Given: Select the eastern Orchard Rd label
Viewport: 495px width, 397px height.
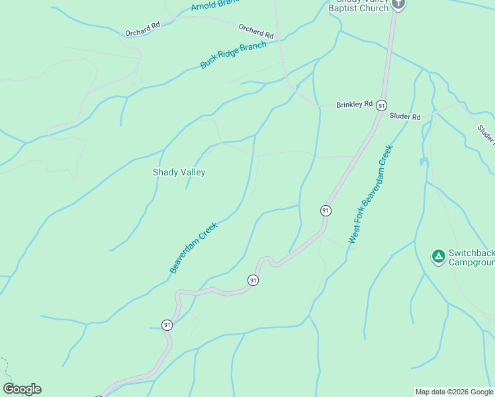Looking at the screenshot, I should coord(256,30).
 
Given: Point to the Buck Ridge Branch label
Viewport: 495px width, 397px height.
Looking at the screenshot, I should coord(233,56).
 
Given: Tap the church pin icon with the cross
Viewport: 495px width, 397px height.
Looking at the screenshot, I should coord(398,4).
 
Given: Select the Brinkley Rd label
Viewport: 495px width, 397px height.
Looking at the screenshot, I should coord(354,105).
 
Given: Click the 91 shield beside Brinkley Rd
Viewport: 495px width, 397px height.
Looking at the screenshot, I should coord(381,105).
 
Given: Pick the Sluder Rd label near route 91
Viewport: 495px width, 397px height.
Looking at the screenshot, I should coord(405,116).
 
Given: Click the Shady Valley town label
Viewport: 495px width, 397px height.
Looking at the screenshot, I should coord(179,172).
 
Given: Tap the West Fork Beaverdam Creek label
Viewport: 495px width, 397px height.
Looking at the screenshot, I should coord(370,194).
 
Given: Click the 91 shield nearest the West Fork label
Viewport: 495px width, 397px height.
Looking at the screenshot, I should coord(325,210).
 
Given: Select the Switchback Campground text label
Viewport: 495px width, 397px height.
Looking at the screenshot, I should coord(472,257).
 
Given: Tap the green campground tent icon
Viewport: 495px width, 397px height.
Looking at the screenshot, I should coord(437,256).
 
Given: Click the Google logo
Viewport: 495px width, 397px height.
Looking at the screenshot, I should coord(22,389).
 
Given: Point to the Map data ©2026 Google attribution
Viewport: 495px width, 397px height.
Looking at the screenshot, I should coord(454,392).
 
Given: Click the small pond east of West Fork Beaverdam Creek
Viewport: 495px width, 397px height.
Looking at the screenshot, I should coord(423,161).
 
